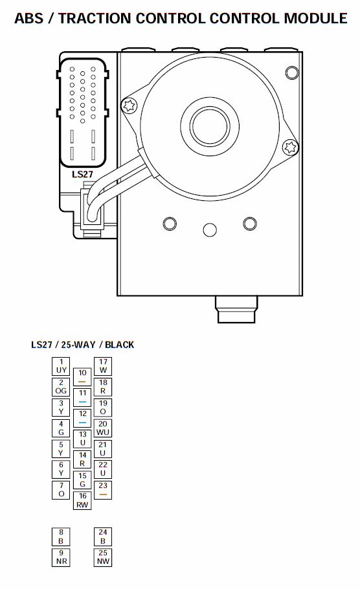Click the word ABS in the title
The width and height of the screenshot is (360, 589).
tap(28, 18)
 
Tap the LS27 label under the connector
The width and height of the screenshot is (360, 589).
tap(82, 174)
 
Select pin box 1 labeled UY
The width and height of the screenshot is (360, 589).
tap(61, 366)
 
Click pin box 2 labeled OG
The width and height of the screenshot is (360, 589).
tap(61, 387)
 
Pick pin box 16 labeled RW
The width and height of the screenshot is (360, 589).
tap(82, 500)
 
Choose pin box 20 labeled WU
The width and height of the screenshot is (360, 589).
tap(103, 428)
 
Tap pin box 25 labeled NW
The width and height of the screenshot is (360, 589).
tap(103, 557)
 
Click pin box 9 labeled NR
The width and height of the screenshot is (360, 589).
tap(61, 557)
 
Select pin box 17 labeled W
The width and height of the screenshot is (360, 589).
tap(103, 366)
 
